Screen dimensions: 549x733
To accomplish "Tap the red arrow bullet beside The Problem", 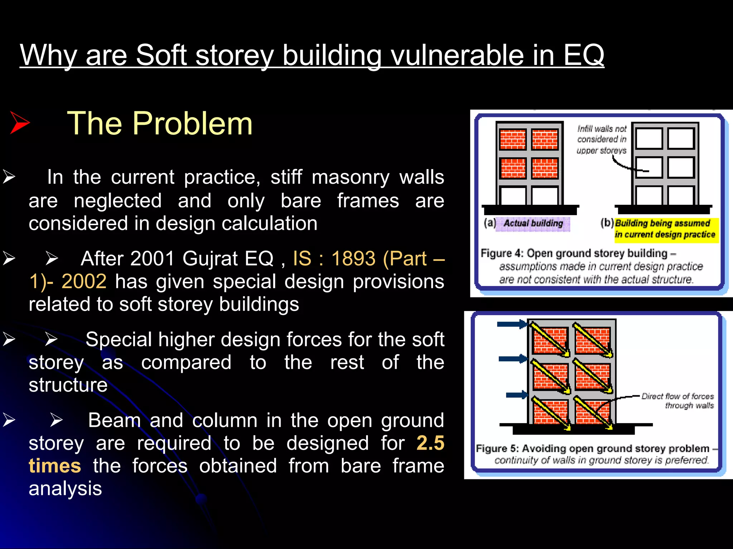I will pos(20,123).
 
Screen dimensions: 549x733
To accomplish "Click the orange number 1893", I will pos(353,258).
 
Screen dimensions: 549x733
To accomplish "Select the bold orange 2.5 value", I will pos(430,443).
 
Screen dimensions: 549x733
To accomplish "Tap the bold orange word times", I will pos(55,466).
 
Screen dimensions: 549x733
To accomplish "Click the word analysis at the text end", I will pos(65,489).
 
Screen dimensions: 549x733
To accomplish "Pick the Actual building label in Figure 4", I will pos(533,224).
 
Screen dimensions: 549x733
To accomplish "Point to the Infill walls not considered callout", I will pos(602,139).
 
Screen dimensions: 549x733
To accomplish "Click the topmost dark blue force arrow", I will pos(512,324).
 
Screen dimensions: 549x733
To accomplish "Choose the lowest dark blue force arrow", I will pos(517,395).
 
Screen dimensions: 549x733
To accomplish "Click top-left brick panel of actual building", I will pos(513,139).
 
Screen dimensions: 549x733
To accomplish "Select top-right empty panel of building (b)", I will pos(681,138).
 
